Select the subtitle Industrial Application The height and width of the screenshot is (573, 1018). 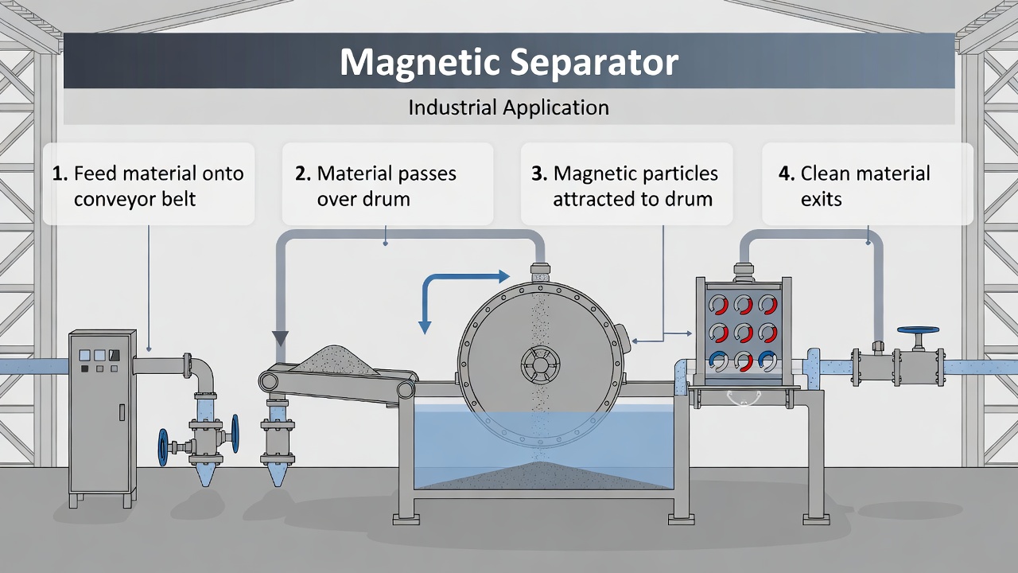click(509, 107)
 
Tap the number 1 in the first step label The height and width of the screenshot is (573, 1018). click(59, 173)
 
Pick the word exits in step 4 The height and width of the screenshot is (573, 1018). click(821, 199)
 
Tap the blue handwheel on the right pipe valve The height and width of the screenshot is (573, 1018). click(919, 330)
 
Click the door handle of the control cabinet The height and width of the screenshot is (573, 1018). click(122, 411)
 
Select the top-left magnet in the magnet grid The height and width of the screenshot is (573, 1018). click(718, 305)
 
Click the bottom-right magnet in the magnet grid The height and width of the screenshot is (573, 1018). click(767, 361)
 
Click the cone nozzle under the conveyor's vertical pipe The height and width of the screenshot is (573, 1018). click(277, 471)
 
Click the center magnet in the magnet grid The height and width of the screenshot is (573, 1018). click(743, 332)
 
